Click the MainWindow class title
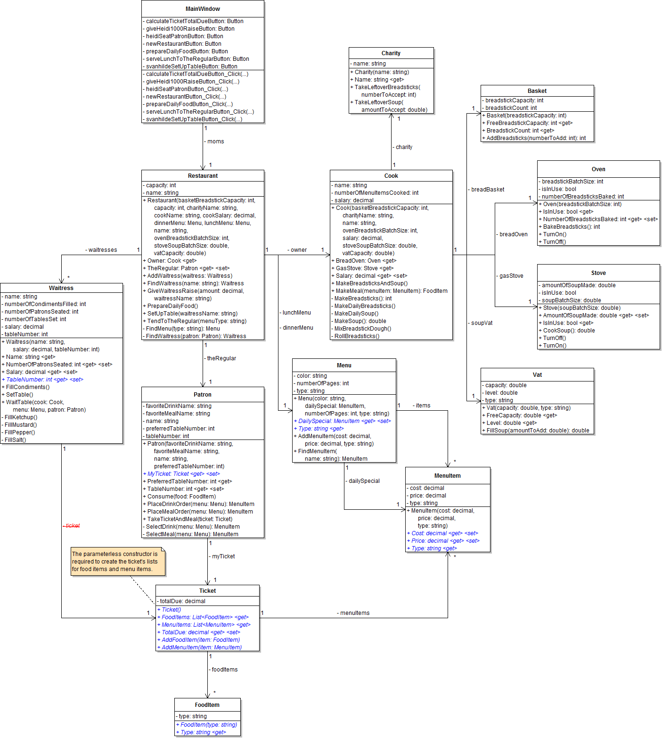point(203,9)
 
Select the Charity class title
point(391,53)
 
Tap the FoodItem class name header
point(207,705)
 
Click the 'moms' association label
point(215,141)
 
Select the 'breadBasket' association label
point(488,190)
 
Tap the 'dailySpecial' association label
point(364,481)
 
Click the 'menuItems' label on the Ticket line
point(355,613)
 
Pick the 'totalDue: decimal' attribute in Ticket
point(183,601)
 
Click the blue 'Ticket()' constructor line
point(171,610)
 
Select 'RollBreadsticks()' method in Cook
point(357,336)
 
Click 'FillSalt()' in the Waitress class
point(16,440)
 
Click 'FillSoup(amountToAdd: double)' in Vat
point(538,431)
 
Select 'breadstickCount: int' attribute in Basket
point(511,108)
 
